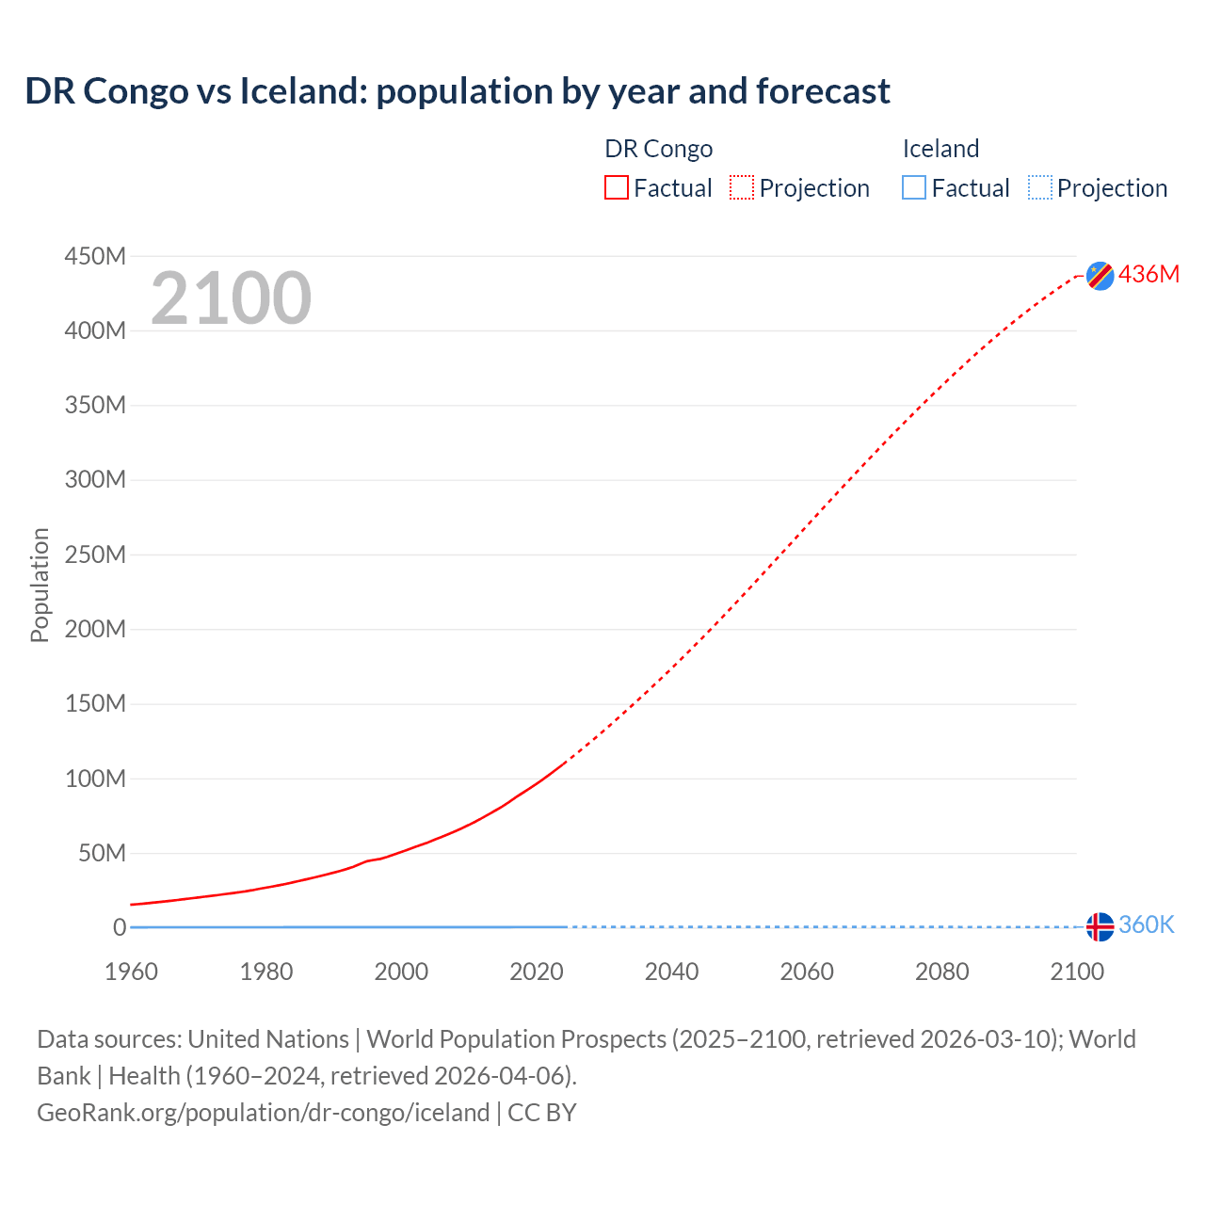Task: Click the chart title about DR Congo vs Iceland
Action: (458, 91)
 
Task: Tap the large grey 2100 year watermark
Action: (231, 298)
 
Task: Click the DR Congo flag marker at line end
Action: (1100, 275)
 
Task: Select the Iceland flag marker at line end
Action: (1100, 926)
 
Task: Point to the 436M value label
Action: (1149, 274)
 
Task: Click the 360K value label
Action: (1146, 925)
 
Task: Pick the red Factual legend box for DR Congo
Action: (617, 188)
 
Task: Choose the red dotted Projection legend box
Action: (742, 188)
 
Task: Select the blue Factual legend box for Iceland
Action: (914, 188)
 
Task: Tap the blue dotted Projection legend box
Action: (1040, 188)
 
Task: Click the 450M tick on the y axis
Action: (95, 256)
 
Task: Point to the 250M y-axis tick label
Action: (95, 554)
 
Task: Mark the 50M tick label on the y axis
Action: (102, 853)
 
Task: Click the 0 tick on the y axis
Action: (120, 927)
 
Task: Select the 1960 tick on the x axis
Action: (132, 972)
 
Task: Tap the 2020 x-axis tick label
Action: (537, 972)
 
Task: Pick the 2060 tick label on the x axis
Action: (807, 972)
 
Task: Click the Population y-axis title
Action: (40, 586)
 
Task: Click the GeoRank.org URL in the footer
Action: (264, 1113)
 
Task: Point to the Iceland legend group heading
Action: (940, 149)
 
